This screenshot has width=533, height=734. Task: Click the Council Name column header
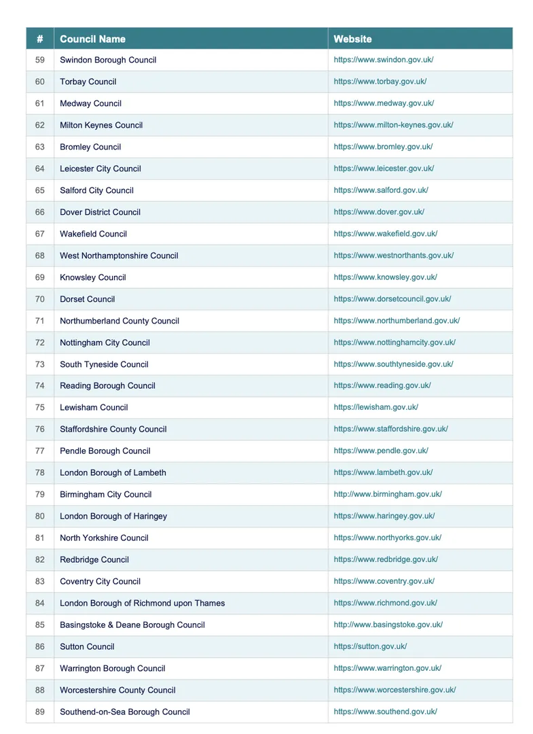click(92, 39)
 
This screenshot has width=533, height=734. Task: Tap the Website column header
click(352, 39)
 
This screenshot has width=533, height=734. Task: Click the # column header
click(40, 39)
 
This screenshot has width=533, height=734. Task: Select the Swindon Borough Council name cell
click(108, 60)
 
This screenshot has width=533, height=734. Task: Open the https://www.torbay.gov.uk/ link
click(380, 82)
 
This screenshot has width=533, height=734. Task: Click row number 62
click(40, 125)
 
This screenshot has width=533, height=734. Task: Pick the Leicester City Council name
click(100, 169)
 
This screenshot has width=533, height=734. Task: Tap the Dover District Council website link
click(379, 212)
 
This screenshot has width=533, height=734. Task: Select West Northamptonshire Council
click(119, 256)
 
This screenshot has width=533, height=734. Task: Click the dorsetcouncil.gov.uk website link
click(392, 299)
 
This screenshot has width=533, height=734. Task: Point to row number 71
click(40, 321)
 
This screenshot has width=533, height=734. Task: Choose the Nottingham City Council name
click(105, 343)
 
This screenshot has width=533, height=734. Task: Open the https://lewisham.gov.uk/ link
click(375, 407)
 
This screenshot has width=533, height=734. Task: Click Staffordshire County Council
click(113, 429)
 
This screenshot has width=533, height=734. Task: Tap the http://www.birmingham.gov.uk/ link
click(388, 494)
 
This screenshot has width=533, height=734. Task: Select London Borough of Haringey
click(113, 516)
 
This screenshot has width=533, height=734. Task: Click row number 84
click(40, 603)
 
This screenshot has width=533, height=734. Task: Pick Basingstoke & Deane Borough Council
click(132, 625)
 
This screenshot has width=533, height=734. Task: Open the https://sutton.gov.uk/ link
click(370, 646)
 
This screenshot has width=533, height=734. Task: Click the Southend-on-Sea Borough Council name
click(124, 712)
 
